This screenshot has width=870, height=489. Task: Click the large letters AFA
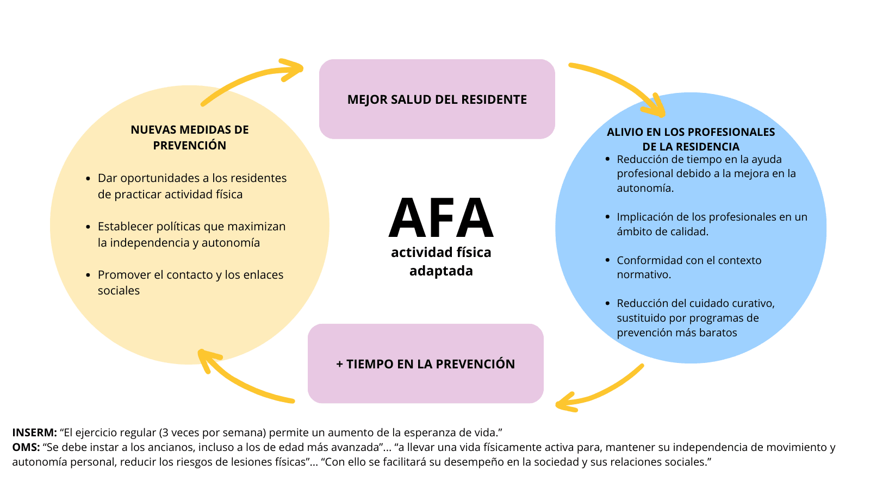(440, 218)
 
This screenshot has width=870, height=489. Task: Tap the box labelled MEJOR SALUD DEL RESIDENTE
(437, 99)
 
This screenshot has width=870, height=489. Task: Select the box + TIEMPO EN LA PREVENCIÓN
(425, 364)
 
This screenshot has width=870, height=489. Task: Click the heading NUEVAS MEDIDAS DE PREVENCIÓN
(189, 137)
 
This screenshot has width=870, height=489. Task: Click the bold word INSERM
(34, 433)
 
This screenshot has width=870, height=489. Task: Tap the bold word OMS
(26, 448)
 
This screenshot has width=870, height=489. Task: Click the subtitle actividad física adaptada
(441, 261)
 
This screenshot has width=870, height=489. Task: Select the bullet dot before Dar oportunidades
(88, 179)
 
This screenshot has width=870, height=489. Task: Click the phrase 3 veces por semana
(213, 433)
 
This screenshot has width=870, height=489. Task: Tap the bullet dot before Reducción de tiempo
(607, 160)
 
